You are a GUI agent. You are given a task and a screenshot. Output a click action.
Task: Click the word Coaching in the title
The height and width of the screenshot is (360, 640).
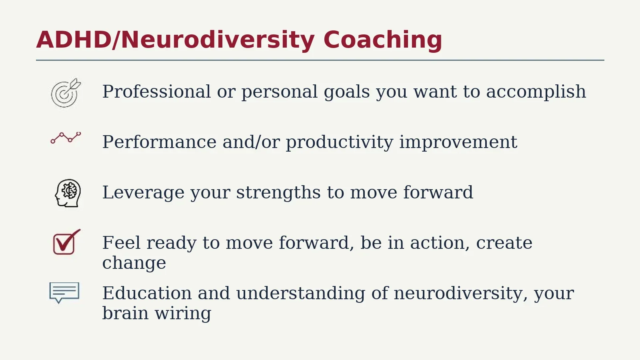click(383, 40)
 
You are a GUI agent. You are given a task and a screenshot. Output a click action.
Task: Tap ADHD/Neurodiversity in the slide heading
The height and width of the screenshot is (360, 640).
click(176, 40)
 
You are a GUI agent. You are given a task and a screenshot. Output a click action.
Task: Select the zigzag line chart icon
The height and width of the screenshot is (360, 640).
click(66, 138)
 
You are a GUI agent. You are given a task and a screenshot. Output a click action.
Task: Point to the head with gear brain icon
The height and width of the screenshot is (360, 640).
click(68, 193)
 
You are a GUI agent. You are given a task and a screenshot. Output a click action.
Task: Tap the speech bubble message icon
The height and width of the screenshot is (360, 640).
click(64, 292)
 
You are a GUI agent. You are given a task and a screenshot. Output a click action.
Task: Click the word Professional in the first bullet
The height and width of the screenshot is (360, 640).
click(156, 92)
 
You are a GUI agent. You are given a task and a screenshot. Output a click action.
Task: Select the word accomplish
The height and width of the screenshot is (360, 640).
click(536, 92)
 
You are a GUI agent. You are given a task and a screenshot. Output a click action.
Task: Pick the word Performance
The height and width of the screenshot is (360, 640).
click(160, 142)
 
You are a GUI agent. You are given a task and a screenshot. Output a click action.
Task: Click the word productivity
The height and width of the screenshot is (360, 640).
click(340, 142)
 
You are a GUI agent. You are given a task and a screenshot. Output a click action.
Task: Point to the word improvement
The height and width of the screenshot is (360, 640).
click(458, 142)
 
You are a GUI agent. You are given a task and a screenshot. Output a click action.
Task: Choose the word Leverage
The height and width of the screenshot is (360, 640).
click(144, 193)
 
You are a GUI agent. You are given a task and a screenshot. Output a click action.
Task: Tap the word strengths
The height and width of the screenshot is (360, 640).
click(278, 192)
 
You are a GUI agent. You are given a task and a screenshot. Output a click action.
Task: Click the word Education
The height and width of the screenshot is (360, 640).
click(147, 293)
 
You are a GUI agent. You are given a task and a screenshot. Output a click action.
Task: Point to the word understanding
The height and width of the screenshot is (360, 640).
click(300, 294)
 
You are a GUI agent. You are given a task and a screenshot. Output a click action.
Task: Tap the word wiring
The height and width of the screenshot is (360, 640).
click(183, 314)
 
